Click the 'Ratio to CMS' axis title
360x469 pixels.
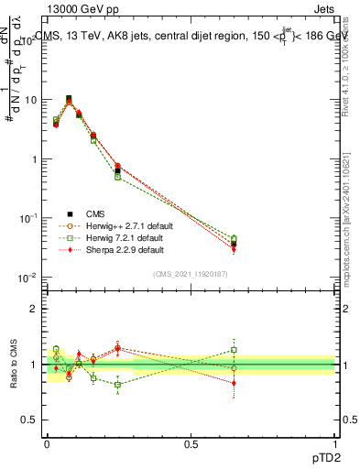point(15,365)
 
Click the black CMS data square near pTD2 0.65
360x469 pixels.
point(234,244)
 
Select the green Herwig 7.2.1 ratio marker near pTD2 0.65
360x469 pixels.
point(234,350)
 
